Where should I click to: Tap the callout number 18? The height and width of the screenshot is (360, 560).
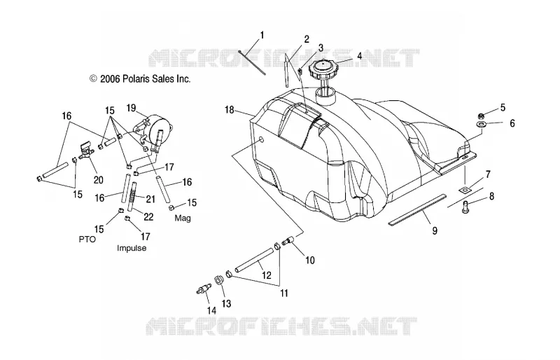230,110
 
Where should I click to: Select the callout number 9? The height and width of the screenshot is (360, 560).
435,230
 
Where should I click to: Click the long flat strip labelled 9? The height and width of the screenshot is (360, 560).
417,209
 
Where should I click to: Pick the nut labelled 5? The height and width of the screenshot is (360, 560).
481,116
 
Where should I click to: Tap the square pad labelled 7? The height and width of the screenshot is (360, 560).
465,190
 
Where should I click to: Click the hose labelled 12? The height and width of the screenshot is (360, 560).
254,261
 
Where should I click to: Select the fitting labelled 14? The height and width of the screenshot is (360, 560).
203,289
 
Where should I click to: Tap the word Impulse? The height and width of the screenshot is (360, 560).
132,248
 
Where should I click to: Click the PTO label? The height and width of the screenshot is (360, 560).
87,239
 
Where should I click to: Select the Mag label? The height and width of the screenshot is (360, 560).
183,218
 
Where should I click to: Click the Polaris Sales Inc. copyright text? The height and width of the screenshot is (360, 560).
139,78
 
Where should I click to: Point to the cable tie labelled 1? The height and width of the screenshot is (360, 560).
252,63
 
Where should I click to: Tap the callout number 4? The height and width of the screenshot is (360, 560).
359,56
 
